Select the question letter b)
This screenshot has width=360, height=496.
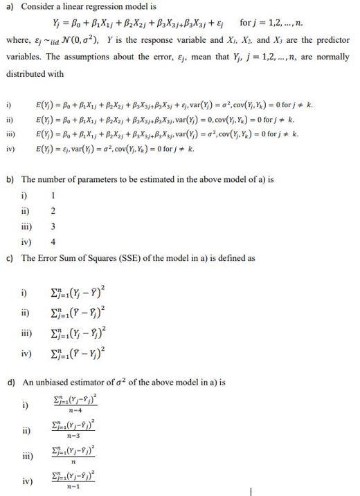click(x=10, y=178)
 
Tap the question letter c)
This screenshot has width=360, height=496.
click(x=10, y=258)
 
